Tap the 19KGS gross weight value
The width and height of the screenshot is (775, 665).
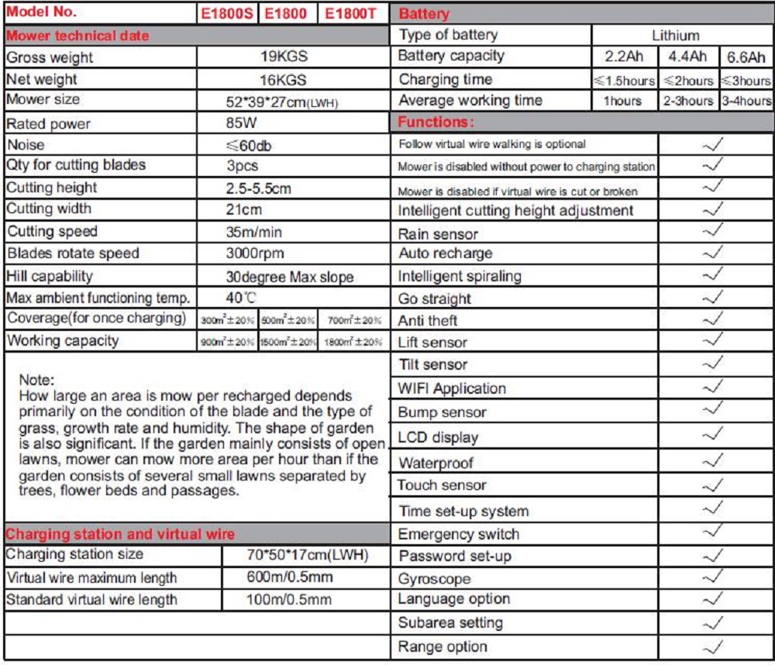coord(283,57)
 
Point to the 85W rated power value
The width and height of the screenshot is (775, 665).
coord(242,122)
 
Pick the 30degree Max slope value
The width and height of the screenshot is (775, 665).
coord(289,277)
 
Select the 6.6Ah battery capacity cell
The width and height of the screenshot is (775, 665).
coord(746,57)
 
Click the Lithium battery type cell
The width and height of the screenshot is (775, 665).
coord(675,35)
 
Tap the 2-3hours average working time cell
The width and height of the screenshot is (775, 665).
coord(687,102)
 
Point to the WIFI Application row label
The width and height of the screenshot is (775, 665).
coord(451,389)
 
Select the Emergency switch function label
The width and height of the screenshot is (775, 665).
coord(458,534)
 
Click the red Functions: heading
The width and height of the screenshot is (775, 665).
coord(436,122)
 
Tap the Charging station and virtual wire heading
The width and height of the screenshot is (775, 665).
coord(120,534)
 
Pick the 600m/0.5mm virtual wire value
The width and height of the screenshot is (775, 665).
coord(289,578)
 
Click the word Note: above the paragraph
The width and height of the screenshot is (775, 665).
coord(37,380)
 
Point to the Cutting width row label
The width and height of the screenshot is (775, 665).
coord(49,208)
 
